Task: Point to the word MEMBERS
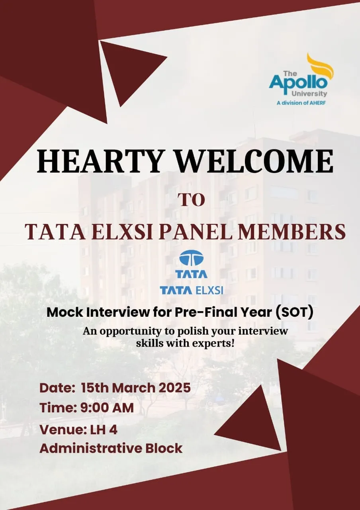click(291, 232)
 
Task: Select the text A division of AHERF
click(301, 103)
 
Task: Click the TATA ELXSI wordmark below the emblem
click(191, 290)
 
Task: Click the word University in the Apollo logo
click(309, 94)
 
